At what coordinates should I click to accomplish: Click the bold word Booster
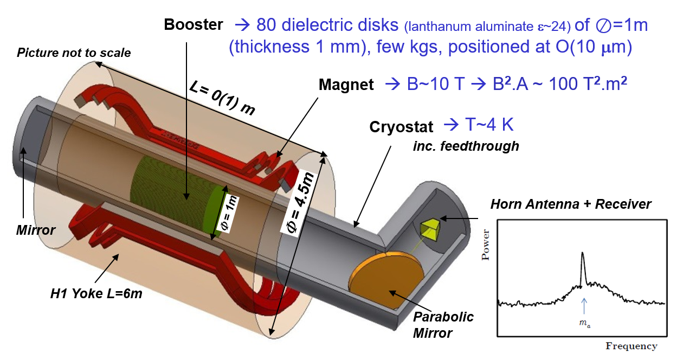click(194, 25)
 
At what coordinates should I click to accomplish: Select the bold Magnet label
click(346, 85)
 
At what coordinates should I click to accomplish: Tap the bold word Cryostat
click(402, 127)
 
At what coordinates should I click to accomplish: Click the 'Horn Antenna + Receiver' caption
click(571, 204)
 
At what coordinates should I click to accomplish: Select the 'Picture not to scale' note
click(74, 53)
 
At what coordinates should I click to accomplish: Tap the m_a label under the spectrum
click(583, 324)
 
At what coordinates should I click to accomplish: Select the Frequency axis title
click(632, 346)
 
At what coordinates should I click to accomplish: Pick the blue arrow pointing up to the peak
click(583, 306)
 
